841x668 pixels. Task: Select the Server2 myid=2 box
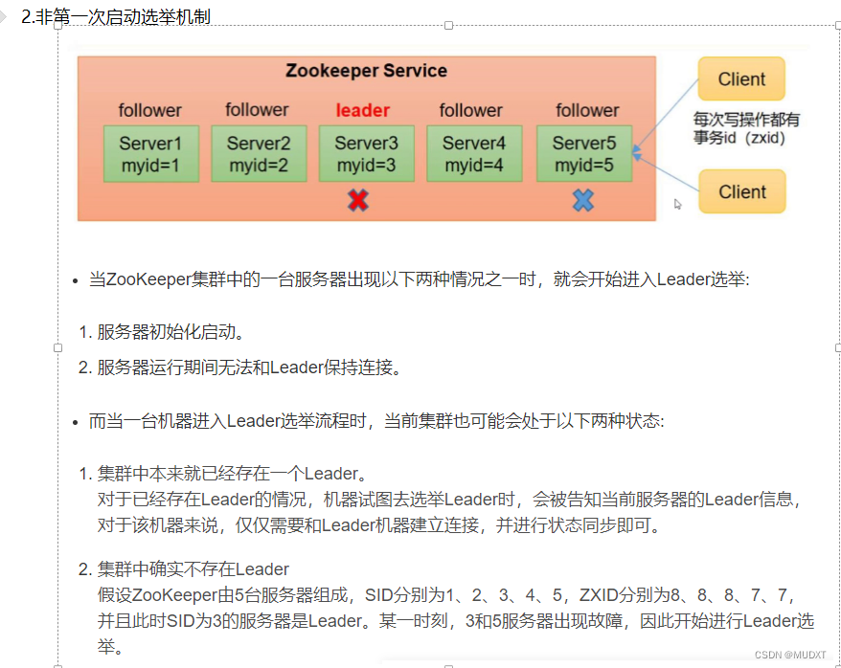[259, 153]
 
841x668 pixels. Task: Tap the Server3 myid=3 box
[366, 153]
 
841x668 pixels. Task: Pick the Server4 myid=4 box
[473, 153]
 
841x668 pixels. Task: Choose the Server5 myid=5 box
[583, 153]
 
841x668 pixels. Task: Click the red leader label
[362, 110]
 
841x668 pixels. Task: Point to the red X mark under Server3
[357, 199]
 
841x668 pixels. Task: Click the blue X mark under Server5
[582, 199]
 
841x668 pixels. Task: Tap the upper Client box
[741, 79]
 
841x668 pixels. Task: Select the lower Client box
[741, 191]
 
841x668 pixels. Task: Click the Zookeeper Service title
[366, 71]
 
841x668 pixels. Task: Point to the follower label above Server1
[149, 110]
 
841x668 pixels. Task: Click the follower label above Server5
[587, 110]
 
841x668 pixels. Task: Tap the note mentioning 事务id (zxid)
[746, 129]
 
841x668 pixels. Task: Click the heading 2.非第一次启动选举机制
[116, 16]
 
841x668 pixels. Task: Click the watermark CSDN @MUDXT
[790, 655]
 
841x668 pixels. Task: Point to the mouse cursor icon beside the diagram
[678, 204]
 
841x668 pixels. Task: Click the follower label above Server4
[470, 110]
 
